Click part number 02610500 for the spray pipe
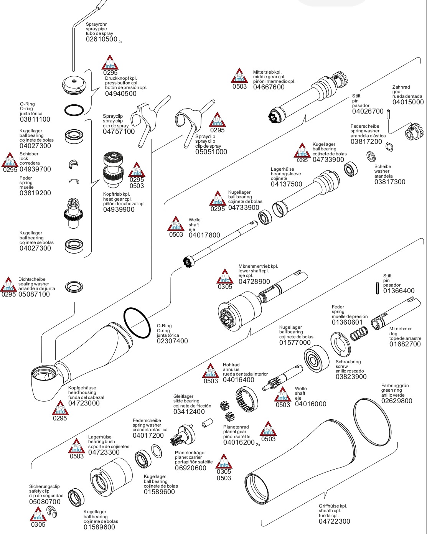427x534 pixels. click(101, 39)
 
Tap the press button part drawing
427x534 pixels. click(74, 85)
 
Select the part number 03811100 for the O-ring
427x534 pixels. click(35, 119)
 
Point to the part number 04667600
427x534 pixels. click(269, 87)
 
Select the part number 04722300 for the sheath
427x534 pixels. click(334, 521)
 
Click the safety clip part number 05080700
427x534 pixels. click(45, 502)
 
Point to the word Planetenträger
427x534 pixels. click(190, 453)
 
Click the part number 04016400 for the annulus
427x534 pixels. click(238, 380)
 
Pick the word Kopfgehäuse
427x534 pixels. click(82, 388)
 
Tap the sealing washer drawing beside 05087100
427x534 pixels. click(74, 286)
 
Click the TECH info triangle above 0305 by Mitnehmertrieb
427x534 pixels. click(225, 276)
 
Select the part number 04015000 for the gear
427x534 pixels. click(408, 102)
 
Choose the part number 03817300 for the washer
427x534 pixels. click(390, 182)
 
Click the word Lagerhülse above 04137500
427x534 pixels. click(282, 169)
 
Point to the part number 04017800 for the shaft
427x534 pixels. click(204, 235)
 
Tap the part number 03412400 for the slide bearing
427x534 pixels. click(189, 412)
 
